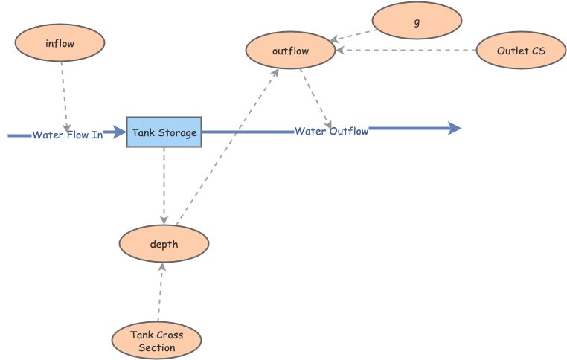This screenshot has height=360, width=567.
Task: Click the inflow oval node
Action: (x=60, y=43)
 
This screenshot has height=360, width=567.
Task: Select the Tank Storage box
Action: (x=164, y=132)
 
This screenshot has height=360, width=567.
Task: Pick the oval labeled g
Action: (x=416, y=21)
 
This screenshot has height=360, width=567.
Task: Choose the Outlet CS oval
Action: (x=520, y=51)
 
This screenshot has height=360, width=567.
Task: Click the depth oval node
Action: (x=164, y=244)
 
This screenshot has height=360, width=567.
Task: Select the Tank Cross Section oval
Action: (x=156, y=341)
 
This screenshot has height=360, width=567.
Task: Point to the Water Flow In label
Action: (x=67, y=135)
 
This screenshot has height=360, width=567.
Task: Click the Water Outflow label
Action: (x=331, y=132)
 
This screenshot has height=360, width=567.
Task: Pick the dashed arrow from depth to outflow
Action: (x=227, y=145)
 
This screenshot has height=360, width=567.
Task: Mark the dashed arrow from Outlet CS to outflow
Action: (x=406, y=51)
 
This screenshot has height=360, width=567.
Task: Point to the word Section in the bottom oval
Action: (x=157, y=347)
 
